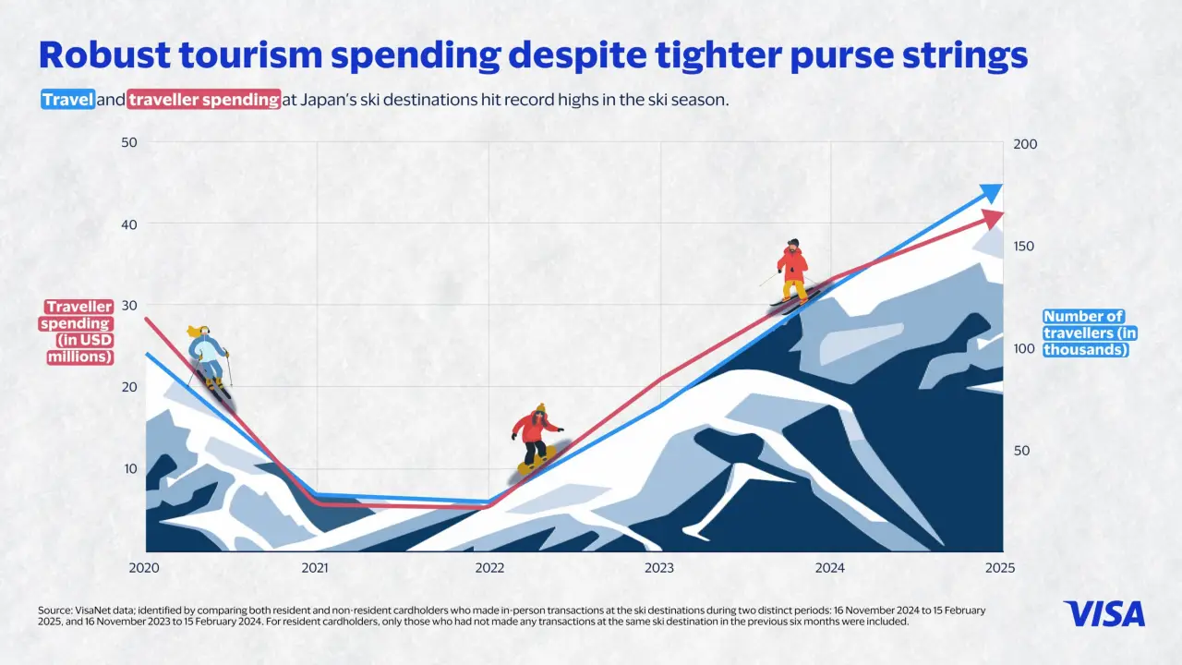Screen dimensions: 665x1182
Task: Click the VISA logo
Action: [1104, 614]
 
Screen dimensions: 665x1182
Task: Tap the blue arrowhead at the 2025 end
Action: [991, 193]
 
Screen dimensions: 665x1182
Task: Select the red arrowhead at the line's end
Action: [993, 219]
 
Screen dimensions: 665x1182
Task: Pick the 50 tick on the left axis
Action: [128, 142]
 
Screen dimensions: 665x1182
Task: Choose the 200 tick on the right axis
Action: [1027, 144]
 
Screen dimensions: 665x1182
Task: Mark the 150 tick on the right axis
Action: [1027, 247]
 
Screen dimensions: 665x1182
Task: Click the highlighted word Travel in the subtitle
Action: [67, 100]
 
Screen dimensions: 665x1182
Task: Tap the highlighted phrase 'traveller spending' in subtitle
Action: [204, 100]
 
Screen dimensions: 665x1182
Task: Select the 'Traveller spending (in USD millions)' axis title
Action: [78, 332]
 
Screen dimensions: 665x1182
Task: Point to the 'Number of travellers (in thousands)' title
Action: [1085, 333]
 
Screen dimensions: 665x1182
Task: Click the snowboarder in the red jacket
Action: [537, 439]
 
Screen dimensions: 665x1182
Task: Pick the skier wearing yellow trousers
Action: [792, 272]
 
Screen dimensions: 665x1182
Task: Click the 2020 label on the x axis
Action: [145, 568]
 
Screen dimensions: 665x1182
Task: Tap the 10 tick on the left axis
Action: [130, 469]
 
